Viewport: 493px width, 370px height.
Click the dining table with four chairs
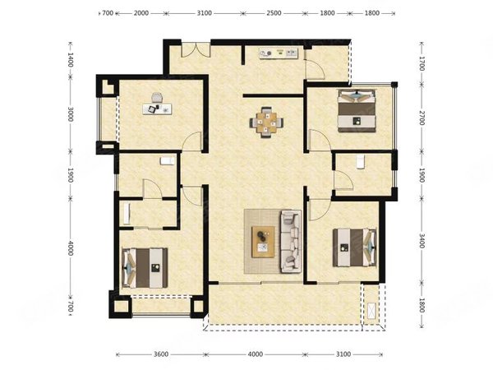tap(266, 123)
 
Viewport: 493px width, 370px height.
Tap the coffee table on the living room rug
tap(263, 242)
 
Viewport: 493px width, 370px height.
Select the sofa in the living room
tap(290, 241)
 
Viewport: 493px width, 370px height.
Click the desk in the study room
tap(157, 109)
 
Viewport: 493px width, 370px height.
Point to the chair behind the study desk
tap(157, 98)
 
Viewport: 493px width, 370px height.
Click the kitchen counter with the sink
tap(279, 53)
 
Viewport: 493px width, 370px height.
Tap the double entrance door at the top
tap(196, 49)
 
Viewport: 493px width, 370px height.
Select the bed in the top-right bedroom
tap(357, 111)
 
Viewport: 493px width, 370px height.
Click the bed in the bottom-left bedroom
tap(145, 268)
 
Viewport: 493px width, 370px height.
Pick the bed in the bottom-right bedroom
tap(355, 247)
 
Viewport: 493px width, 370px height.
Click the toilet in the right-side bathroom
tap(361, 162)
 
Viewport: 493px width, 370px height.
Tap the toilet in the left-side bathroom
tap(167, 161)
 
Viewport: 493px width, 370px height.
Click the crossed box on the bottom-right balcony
tap(371, 312)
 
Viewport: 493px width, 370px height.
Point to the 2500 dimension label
tap(274, 13)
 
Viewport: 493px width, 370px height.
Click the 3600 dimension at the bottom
tap(161, 354)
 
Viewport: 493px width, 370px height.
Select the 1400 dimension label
tap(71, 59)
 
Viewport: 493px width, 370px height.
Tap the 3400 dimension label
tap(422, 241)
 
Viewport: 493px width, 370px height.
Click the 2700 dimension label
tap(422, 118)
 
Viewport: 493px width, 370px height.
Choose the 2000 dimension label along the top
tap(141, 13)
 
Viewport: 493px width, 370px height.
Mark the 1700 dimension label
tap(422, 64)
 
